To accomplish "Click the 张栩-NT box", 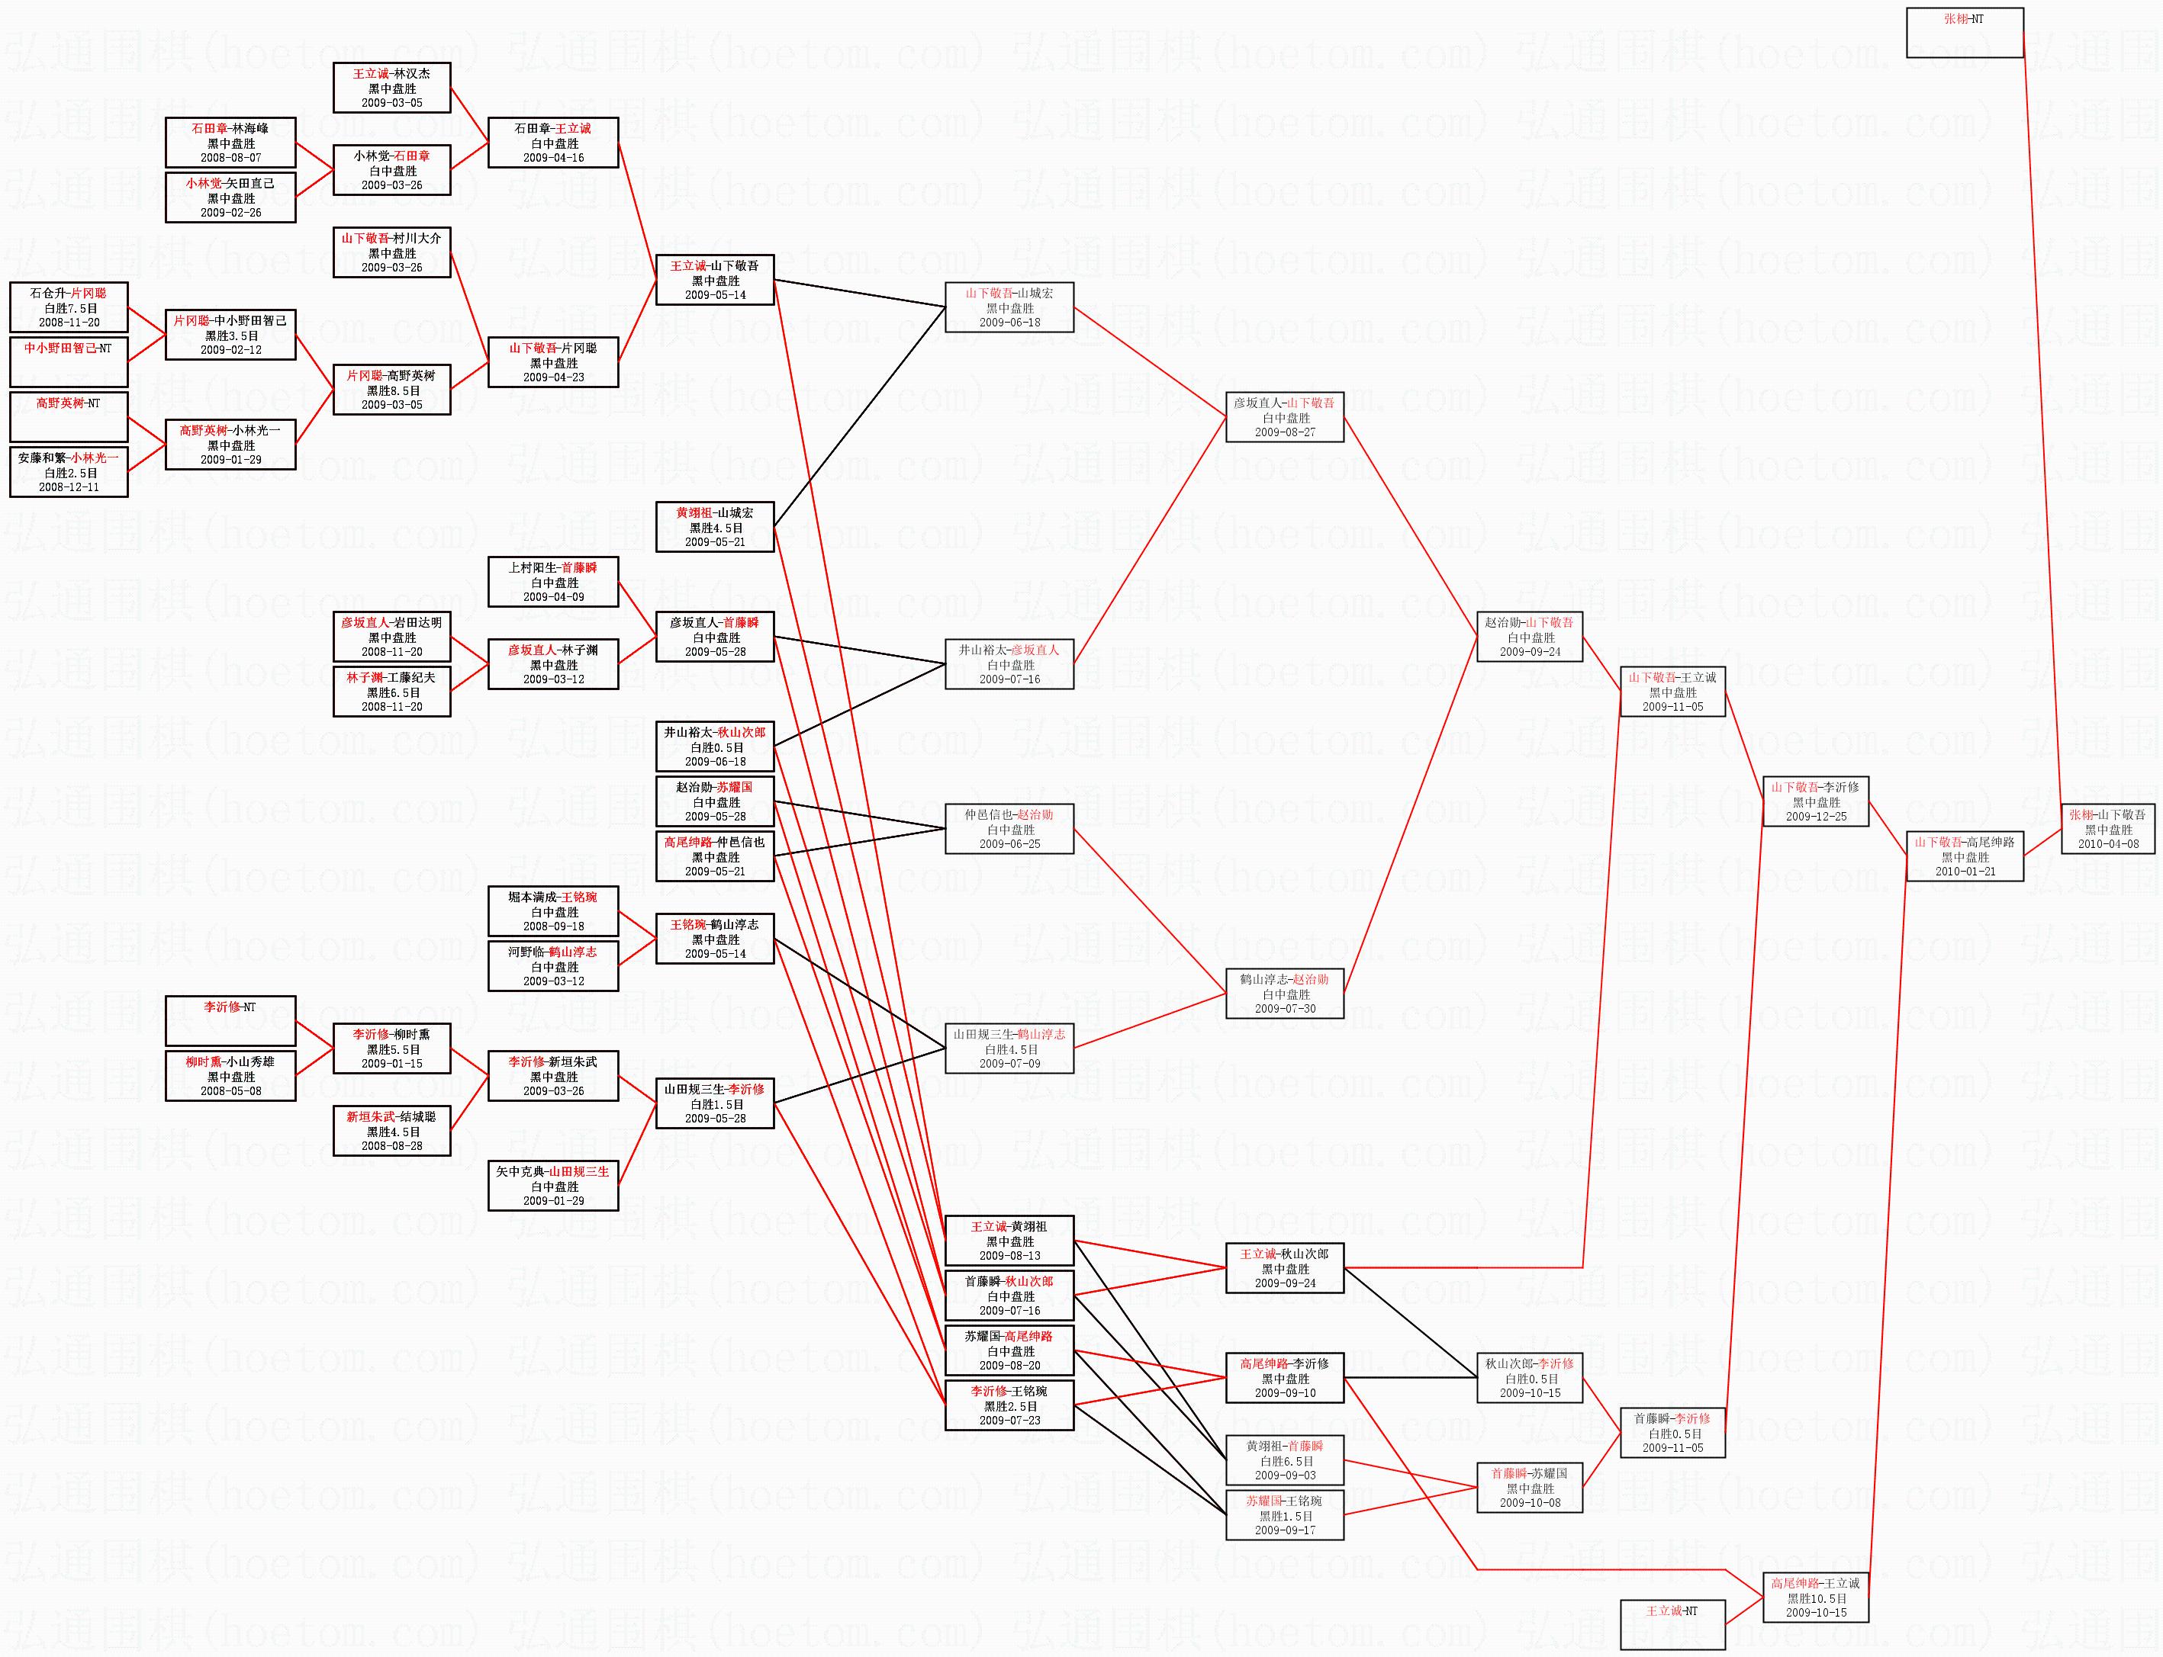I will click(x=1964, y=33).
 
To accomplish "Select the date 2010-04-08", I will click(x=2108, y=844).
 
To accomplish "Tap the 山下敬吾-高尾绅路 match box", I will click(x=1964, y=856).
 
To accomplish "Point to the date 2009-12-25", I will click(x=1816, y=817).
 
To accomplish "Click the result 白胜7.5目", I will click(x=69, y=309).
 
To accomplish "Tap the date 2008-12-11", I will click(x=69, y=487).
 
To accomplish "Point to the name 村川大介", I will click(x=417, y=239).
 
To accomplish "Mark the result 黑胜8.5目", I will click(x=391, y=390).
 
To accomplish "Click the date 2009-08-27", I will click(x=1285, y=432).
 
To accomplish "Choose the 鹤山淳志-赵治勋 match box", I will click(x=1284, y=994).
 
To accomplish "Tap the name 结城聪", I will click(x=417, y=1116).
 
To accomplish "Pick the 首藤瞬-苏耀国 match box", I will click(x=1530, y=1488).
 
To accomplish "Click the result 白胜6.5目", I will click(x=1285, y=1461).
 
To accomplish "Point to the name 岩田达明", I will click(x=417, y=622).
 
